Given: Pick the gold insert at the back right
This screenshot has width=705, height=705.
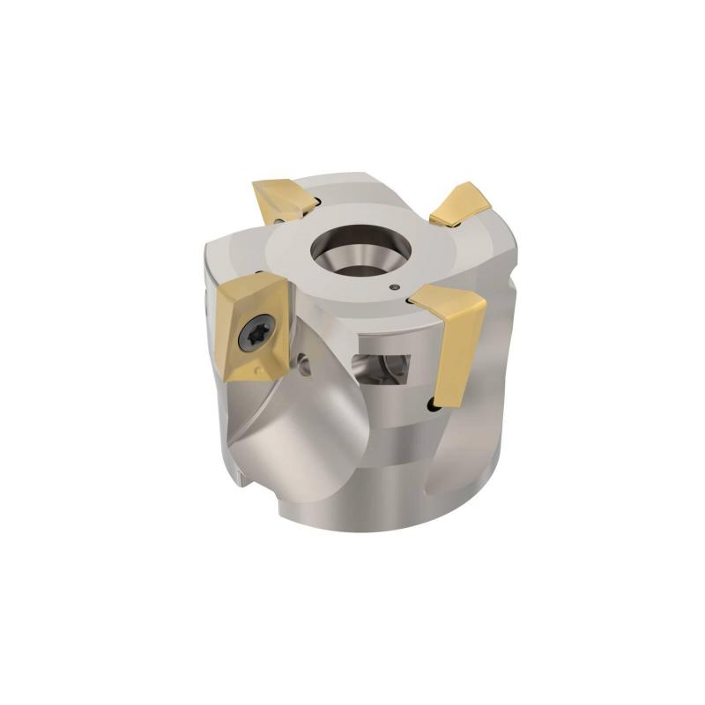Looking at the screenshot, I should pos(459,204).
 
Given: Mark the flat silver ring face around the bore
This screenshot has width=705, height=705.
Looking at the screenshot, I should pos(291,264).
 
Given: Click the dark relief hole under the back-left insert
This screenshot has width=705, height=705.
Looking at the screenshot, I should pos(280,217).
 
